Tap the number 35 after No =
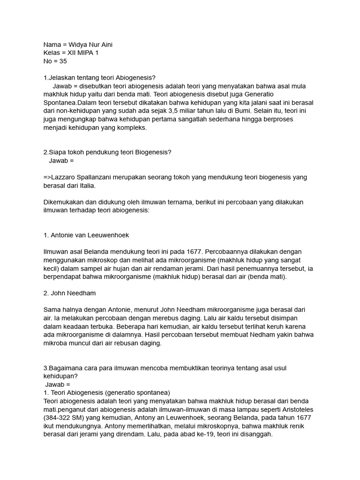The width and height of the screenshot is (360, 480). click(63, 61)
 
